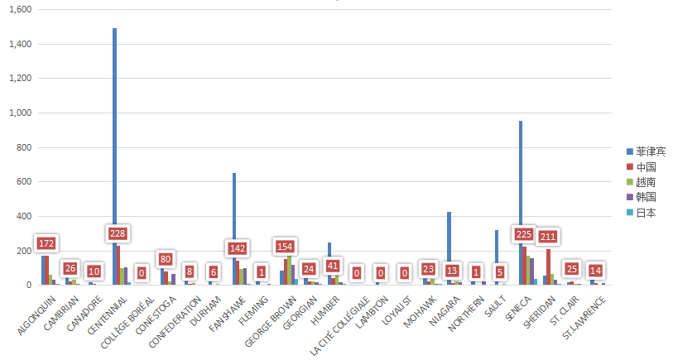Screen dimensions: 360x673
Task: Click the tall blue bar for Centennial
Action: coord(114,157)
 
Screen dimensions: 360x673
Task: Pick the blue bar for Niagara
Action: coord(449,248)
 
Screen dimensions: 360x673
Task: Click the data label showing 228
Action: coord(118,233)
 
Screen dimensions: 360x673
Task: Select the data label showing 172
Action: coord(46,244)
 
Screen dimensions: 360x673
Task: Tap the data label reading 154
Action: coord(285,247)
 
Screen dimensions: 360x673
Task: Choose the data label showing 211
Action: coord(548,237)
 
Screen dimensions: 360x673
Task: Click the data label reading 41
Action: coord(333,266)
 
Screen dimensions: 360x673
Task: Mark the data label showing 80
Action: coord(166,259)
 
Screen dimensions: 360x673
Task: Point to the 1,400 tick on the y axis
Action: coord(21,44)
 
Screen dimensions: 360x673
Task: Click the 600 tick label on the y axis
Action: coord(23,182)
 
